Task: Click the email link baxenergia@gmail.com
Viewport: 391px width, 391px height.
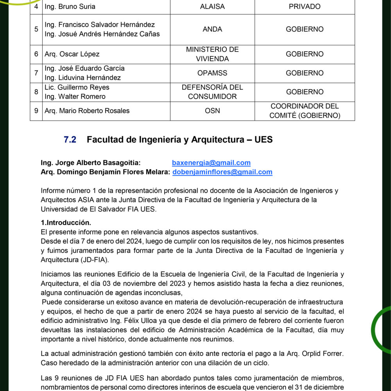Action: (x=211, y=163)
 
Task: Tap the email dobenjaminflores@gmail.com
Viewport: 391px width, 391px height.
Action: (x=222, y=172)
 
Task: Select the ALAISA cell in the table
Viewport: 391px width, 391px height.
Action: (x=212, y=7)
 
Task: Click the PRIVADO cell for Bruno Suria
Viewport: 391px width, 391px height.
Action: (x=305, y=7)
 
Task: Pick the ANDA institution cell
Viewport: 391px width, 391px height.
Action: (x=212, y=29)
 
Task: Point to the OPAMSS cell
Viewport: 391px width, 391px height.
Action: (x=212, y=73)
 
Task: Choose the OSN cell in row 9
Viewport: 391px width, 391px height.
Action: (x=212, y=111)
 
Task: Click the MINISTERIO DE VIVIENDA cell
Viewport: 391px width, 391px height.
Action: (x=212, y=54)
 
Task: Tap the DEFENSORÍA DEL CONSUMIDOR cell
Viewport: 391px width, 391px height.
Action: (x=212, y=92)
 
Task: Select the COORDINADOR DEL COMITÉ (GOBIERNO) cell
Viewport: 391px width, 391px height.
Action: (x=305, y=111)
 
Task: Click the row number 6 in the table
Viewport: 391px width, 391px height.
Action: (x=36, y=54)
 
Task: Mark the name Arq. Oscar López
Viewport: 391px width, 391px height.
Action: (x=72, y=54)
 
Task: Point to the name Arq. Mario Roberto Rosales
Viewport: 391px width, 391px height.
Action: (x=87, y=111)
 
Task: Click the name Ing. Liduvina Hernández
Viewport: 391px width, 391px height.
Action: (x=83, y=78)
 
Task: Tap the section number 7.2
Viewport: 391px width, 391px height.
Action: (x=70, y=140)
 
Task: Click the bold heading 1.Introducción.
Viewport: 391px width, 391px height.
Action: (x=66, y=223)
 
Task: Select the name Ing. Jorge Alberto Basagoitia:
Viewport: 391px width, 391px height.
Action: (x=91, y=163)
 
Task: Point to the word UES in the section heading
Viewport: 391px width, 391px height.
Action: (x=263, y=140)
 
